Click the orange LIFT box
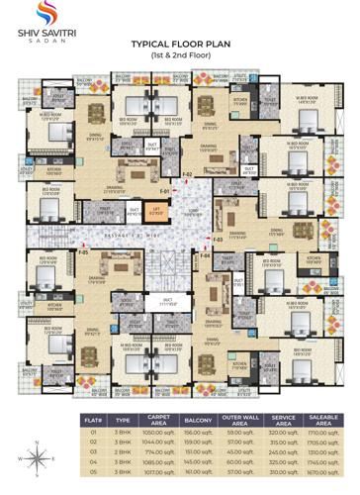[x=157, y=210]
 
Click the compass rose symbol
[x=37, y=457]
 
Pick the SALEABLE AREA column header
[x=317, y=419]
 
